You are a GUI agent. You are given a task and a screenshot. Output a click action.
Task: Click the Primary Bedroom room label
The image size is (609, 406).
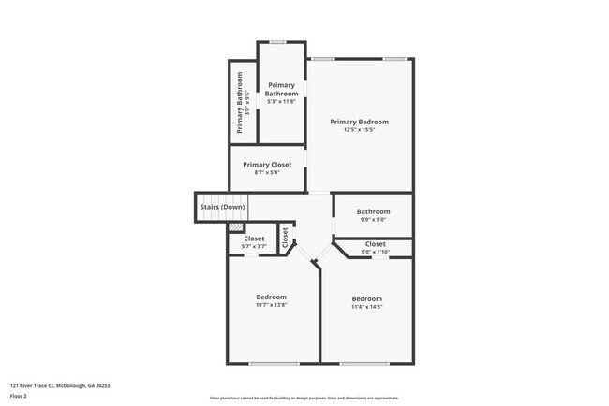[359, 122]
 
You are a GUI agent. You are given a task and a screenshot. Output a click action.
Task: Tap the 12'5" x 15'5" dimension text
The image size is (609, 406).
[359, 130]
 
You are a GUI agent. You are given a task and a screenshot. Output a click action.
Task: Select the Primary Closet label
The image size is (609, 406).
[267, 165]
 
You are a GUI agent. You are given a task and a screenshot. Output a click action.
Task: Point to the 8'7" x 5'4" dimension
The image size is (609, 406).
[267, 173]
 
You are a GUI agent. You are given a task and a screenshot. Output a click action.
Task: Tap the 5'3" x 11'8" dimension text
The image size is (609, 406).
[281, 102]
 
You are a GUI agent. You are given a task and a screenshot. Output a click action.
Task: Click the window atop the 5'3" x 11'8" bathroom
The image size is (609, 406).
[277, 41]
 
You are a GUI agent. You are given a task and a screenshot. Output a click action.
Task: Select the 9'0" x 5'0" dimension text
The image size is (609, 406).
[373, 221]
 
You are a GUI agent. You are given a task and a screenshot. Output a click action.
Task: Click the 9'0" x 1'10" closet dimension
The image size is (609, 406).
[373, 252]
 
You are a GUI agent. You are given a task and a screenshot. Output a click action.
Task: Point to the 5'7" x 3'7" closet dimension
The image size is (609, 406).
[254, 247]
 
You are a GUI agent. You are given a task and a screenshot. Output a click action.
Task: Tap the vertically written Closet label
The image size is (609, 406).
[285, 237]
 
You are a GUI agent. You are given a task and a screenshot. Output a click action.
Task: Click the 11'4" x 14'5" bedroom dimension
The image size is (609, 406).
[366, 307]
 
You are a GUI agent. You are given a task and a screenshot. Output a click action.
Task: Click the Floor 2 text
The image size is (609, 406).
[19, 395]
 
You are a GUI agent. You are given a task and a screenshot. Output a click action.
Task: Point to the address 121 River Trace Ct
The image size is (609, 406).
[52, 384]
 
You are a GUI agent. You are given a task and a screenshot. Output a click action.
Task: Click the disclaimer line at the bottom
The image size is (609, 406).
[304, 398]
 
